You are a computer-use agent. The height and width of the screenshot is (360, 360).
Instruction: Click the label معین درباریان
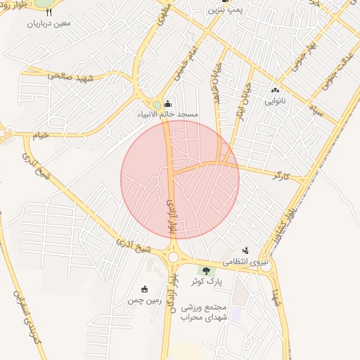coord(50,23)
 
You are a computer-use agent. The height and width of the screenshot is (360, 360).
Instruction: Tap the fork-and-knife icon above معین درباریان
coord(49,12)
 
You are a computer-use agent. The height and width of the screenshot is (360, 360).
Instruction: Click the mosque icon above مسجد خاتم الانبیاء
coord(167,103)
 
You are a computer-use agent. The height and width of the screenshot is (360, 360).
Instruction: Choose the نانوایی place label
coord(275,101)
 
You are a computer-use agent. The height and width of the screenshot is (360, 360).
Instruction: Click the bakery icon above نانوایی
coord(275,90)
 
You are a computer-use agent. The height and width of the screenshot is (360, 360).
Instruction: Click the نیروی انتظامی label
coord(246,262)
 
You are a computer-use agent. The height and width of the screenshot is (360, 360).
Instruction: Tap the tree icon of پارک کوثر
coord(206,271)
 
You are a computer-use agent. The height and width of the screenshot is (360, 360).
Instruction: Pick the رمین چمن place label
coord(145,300)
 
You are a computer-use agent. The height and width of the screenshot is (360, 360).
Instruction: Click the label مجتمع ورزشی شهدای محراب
coord(202,313)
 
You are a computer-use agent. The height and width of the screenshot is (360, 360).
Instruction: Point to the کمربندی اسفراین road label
coord(27,321)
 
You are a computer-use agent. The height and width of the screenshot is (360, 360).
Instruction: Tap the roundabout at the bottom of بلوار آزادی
coord(173,257)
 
